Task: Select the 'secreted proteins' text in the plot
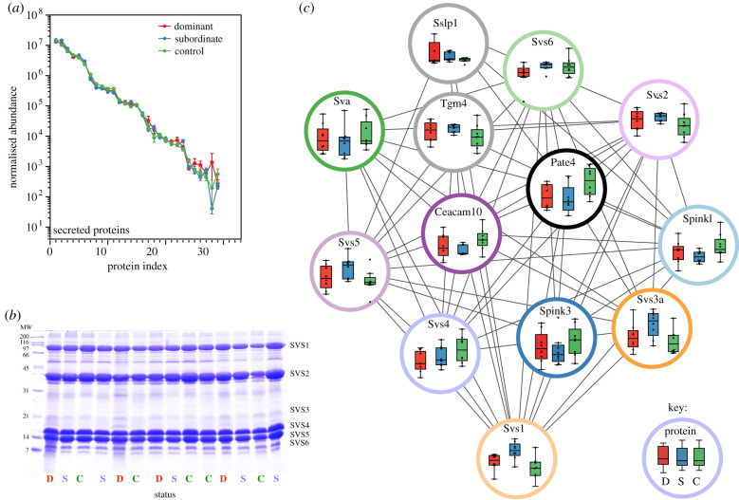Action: pyautogui.click(x=93, y=230)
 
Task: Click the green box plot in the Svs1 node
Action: pyautogui.click(x=535, y=468)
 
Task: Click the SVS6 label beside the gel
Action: pyautogui.click(x=300, y=442)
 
